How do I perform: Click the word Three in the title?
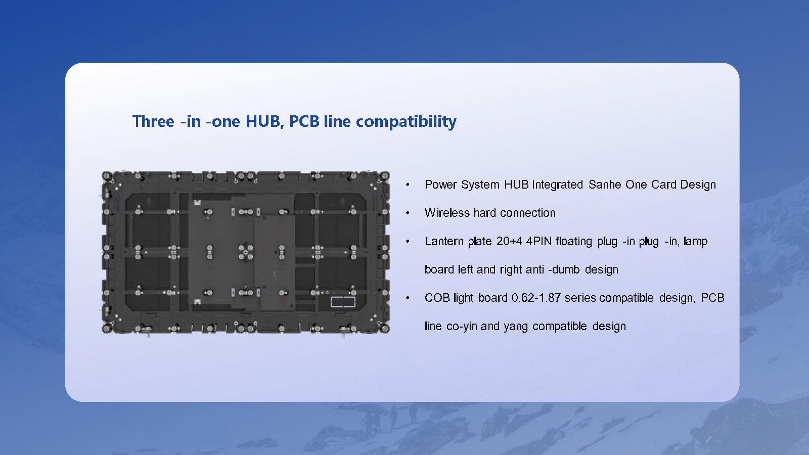[x=153, y=121]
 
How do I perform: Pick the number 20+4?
[x=509, y=241]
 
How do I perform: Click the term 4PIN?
[x=538, y=241]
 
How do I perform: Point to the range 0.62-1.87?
[x=536, y=298]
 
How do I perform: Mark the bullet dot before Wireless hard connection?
[x=408, y=213]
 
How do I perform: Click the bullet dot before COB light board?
[x=408, y=298]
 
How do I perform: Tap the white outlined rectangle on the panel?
[x=343, y=302]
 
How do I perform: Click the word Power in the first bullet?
[x=441, y=185]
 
